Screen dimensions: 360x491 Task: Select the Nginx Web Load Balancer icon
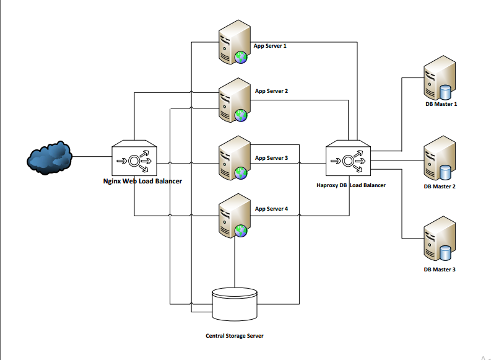point(134,158)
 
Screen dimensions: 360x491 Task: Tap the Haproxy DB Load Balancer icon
point(349,161)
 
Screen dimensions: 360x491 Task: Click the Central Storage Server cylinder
point(234,303)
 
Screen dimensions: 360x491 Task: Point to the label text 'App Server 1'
point(270,46)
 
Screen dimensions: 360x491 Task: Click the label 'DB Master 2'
point(440,187)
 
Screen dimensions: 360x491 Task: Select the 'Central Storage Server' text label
point(235,336)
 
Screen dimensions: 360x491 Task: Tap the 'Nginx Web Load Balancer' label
point(142,182)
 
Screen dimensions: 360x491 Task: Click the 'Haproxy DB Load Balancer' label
point(350,185)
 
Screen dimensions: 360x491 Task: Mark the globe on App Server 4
point(241,231)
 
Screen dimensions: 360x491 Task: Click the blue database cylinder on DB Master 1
point(445,92)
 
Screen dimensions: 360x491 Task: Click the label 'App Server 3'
point(271,158)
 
